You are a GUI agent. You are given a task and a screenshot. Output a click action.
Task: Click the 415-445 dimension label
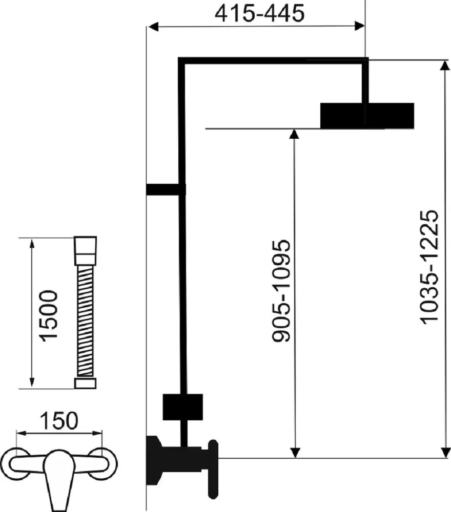coord(259,13)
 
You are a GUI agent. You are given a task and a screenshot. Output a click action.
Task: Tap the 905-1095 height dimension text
coord(281,291)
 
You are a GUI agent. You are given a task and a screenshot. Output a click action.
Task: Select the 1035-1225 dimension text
coord(429,267)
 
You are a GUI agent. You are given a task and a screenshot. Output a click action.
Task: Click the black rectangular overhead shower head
coord(367,116)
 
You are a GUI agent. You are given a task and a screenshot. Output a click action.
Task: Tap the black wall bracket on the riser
coord(166,190)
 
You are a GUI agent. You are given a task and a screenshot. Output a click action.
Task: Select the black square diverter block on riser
coord(182,407)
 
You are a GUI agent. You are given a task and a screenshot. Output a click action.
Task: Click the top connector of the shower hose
coord(85,250)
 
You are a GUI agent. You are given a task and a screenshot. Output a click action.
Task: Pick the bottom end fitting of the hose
coord(85,383)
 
